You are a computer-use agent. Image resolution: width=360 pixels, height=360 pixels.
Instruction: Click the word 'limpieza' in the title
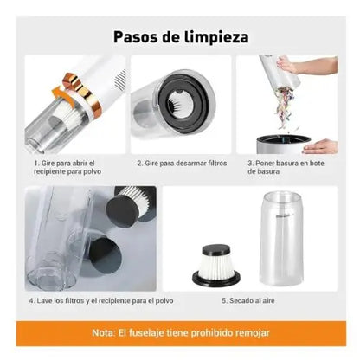[x=216, y=37]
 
